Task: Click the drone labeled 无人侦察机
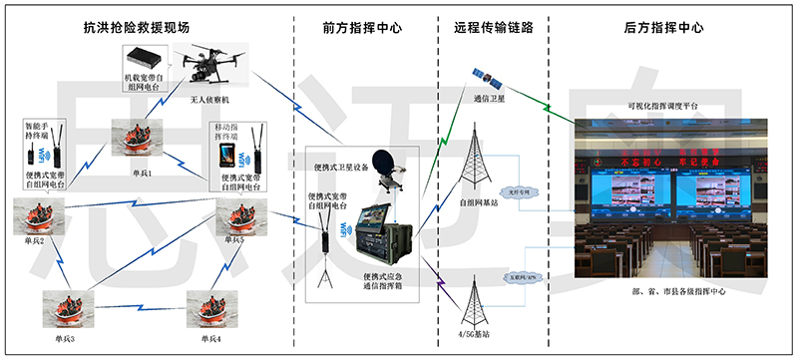pyautogui.click(x=211, y=65)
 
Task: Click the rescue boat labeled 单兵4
pyautogui.click(x=210, y=308)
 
